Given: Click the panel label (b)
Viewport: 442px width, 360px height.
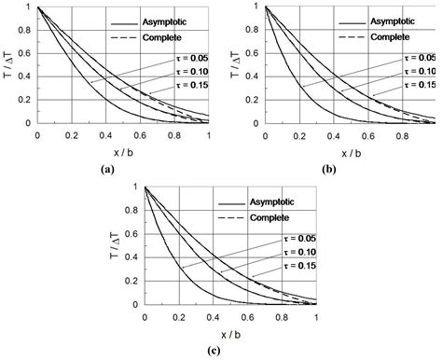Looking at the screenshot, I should click(329, 169).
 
